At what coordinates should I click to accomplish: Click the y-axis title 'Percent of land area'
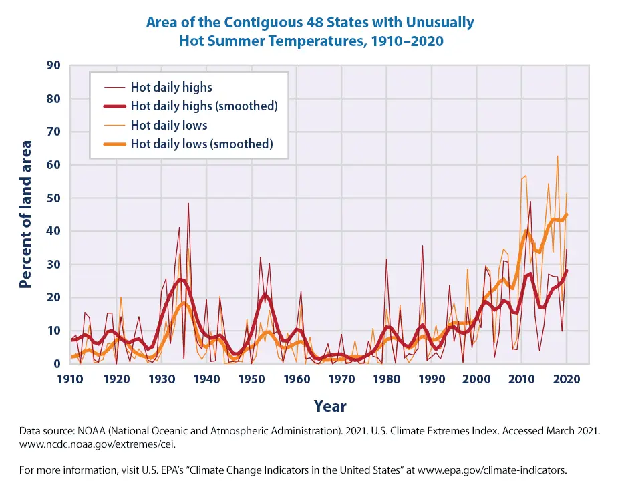(26, 214)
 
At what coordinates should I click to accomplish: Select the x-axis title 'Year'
(330, 406)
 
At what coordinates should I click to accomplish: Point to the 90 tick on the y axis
(52, 65)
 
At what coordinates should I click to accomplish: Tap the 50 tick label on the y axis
(52, 198)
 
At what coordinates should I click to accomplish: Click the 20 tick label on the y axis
(52, 298)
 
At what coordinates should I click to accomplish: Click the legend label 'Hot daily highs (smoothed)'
(204, 106)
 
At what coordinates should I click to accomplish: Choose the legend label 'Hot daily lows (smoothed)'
(202, 144)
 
